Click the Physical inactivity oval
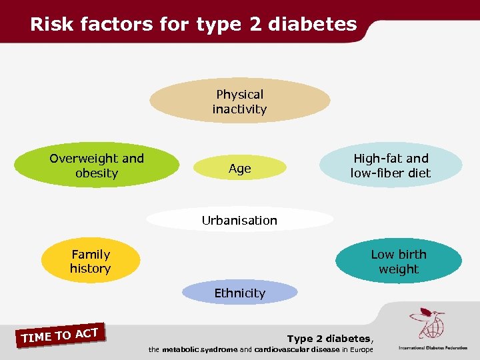[239, 101]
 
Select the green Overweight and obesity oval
[97, 166]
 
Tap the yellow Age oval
[240, 169]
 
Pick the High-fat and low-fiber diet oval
[391, 166]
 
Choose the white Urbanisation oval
[239, 220]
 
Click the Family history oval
[91, 261]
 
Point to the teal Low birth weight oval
[399, 261]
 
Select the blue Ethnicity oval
[239, 293]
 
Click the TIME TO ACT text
[60, 335]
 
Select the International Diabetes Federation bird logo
[427, 324]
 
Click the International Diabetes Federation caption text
[433, 348]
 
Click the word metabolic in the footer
[182, 349]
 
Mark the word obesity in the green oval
[97, 173]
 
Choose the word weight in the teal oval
[399, 269]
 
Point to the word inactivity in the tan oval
[239, 109]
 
